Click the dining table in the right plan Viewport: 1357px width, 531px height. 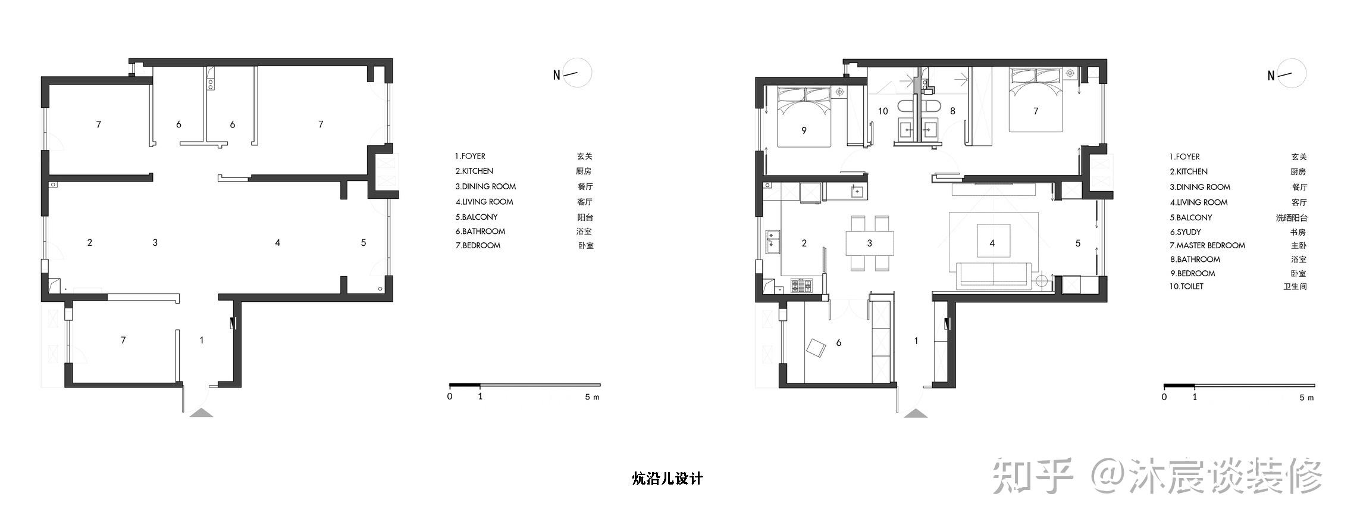[870, 243]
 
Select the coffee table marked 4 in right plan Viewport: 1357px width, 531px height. [992, 240]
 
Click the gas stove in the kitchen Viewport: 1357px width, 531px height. [801, 286]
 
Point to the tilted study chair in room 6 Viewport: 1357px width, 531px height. [816, 348]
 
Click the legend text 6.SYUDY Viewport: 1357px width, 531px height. [1185, 232]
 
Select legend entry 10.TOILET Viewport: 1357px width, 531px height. [1186, 286]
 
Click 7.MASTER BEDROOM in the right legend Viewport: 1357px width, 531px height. [1207, 245]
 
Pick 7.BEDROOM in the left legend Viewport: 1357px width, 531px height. [478, 245]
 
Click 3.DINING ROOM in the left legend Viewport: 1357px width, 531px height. [485, 186]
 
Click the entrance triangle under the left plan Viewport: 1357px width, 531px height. [201, 413]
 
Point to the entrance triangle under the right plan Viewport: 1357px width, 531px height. [916, 413]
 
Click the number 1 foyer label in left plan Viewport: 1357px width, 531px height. [202, 340]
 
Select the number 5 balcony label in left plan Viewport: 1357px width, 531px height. [363, 242]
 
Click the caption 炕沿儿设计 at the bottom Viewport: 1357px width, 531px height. [667, 479]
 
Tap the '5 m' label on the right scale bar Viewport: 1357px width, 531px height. [1306, 397]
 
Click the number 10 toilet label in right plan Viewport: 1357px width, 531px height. [883, 111]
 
